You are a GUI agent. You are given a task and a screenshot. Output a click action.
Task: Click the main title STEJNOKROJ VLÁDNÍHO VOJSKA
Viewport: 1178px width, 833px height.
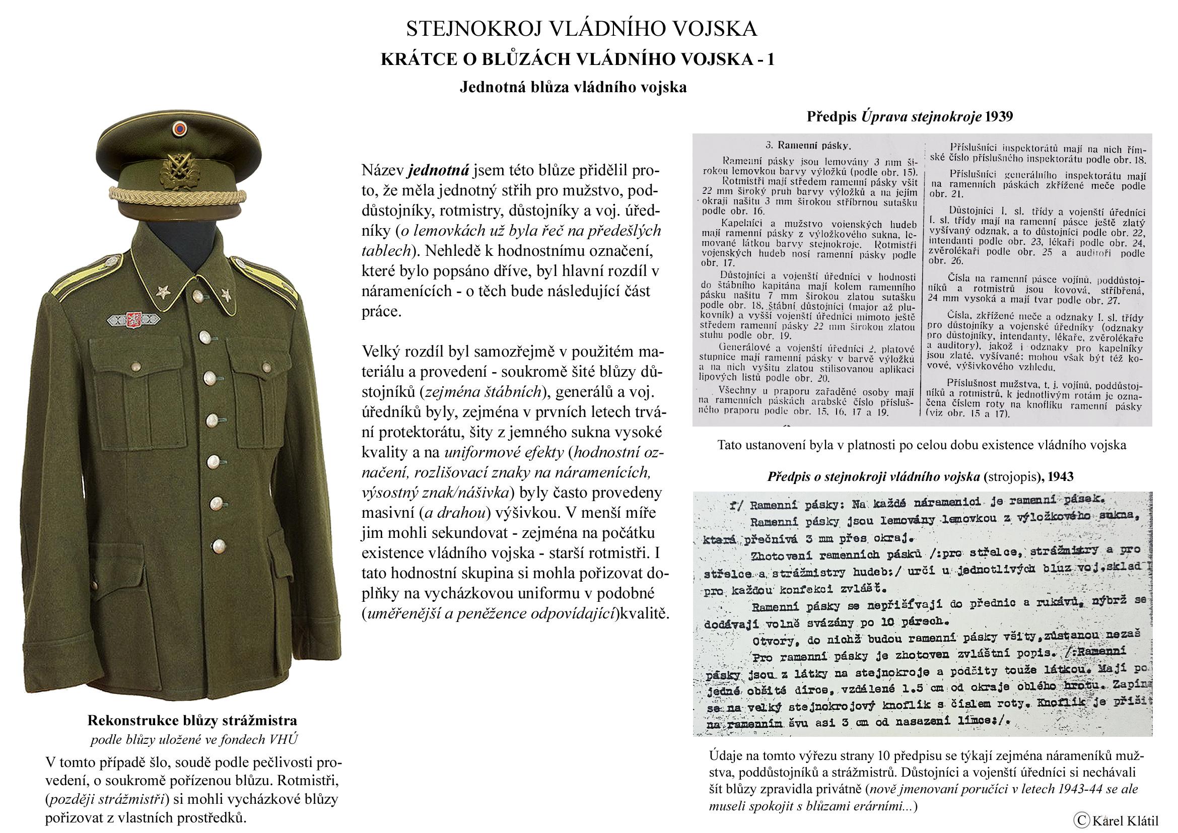coord(581,29)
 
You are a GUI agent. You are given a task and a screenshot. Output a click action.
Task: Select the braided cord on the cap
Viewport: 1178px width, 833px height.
coord(179,195)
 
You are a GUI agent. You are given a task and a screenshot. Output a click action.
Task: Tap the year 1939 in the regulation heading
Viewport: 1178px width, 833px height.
coord(998,116)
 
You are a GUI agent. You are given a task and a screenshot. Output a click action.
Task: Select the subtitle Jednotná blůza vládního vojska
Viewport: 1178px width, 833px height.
coord(573,87)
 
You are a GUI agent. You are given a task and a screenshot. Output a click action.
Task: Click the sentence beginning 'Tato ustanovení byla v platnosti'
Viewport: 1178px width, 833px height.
coord(922,445)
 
